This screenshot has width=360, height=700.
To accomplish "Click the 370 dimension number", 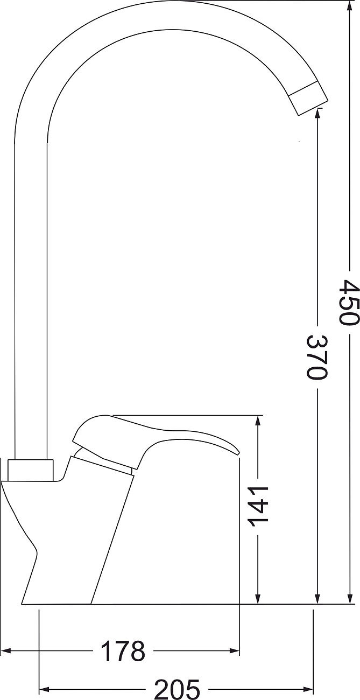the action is [317, 358].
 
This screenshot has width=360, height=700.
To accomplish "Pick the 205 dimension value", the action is [177, 689].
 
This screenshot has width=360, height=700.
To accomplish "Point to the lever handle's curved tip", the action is [235, 451].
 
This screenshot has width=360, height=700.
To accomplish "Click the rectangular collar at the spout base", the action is [31, 470].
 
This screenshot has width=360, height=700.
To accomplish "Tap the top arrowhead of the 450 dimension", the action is [350, 7].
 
